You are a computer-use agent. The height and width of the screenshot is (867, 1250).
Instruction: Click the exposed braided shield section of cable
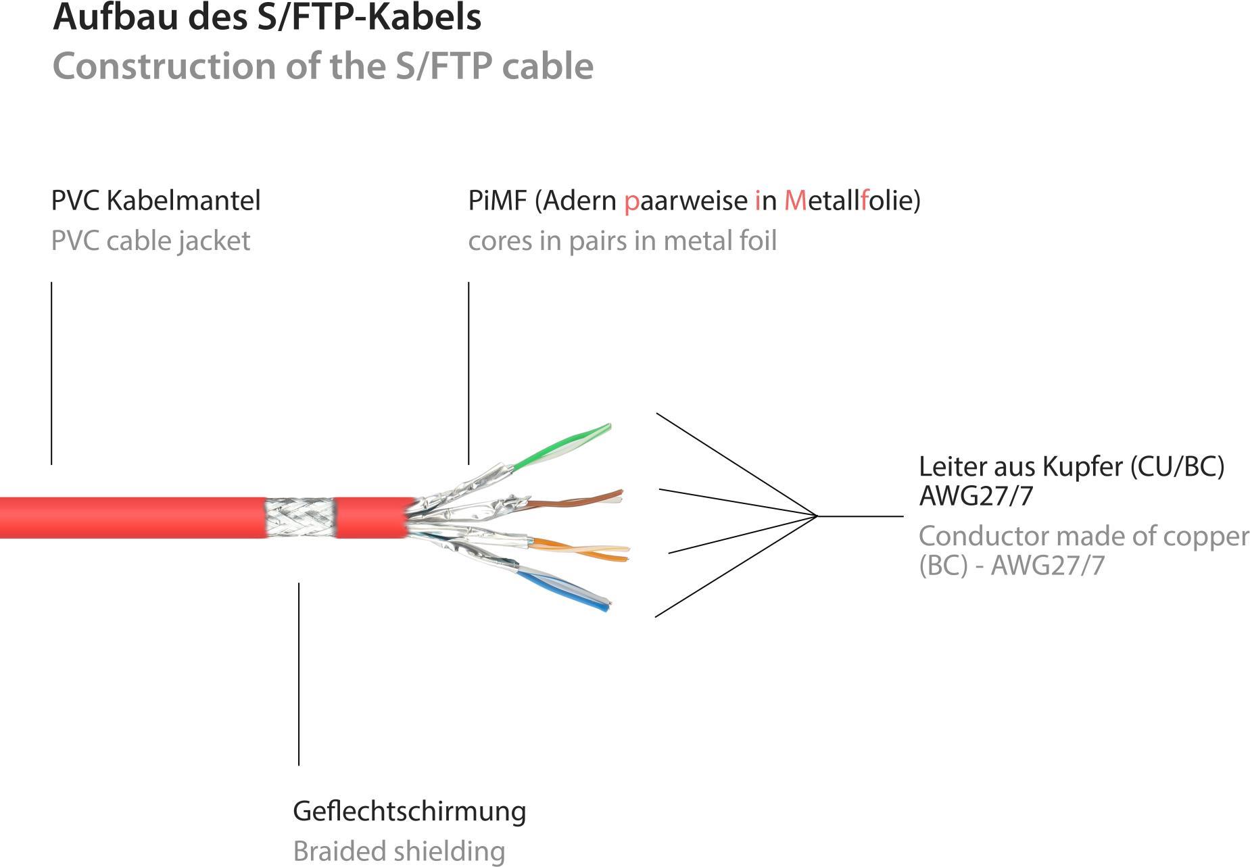click(300, 518)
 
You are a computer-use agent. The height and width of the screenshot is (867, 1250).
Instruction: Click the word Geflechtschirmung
click(409, 811)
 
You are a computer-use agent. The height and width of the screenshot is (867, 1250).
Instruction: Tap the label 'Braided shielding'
click(399, 851)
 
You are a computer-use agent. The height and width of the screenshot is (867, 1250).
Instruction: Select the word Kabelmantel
click(183, 201)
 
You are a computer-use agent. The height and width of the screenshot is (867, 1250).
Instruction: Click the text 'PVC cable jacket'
click(151, 241)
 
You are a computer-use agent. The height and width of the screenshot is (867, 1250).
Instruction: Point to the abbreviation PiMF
click(497, 201)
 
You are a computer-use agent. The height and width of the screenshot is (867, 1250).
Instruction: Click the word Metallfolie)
click(852, 201)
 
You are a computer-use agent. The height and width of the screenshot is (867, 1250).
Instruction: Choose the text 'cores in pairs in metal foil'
click(622, 241)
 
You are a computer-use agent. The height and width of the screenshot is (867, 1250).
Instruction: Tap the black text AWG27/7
click(976, 496)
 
